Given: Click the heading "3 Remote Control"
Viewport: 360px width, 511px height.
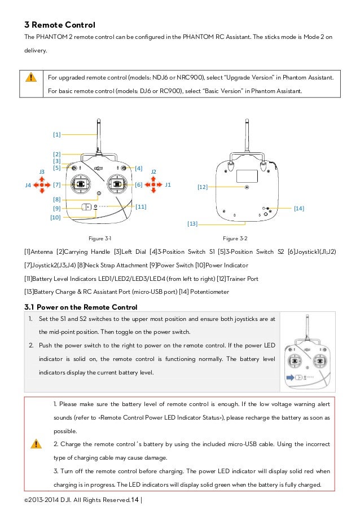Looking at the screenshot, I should coord(59,25).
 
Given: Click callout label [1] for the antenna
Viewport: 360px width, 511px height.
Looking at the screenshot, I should coord(56,134).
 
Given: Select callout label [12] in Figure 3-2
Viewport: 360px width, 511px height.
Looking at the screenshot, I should coord(203,186).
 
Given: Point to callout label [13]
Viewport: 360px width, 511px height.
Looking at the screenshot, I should coord(192,224).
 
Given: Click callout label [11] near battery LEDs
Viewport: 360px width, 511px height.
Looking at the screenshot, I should coord(141,207).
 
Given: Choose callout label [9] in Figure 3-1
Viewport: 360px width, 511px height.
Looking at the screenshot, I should coord(56,208).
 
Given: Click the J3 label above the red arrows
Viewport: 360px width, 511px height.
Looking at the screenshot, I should coord(42,171).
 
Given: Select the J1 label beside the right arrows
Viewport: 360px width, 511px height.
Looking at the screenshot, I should coord(168,184).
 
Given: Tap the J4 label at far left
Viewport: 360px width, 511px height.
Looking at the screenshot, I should coord(28,184).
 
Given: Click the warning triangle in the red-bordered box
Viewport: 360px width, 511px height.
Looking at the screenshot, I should coord(36,443).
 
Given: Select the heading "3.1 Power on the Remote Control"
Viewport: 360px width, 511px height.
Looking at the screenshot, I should coord(81,307).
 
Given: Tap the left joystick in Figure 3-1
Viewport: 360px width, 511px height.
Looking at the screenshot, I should coord(81,184).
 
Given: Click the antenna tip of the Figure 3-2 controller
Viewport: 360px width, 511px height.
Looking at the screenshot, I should coord(247,120).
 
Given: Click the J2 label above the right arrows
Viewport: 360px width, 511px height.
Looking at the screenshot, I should coord(153,171).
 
